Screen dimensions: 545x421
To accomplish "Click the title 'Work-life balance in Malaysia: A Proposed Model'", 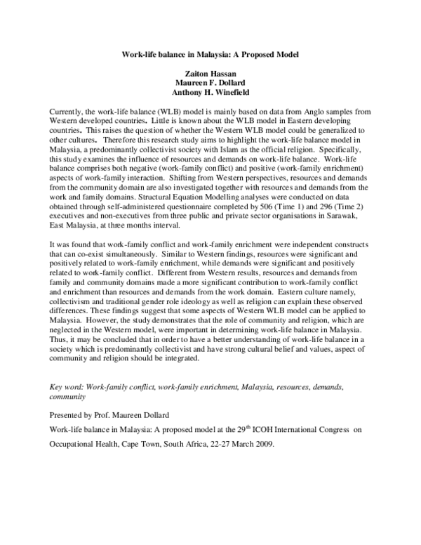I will [x=210, y=54].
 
